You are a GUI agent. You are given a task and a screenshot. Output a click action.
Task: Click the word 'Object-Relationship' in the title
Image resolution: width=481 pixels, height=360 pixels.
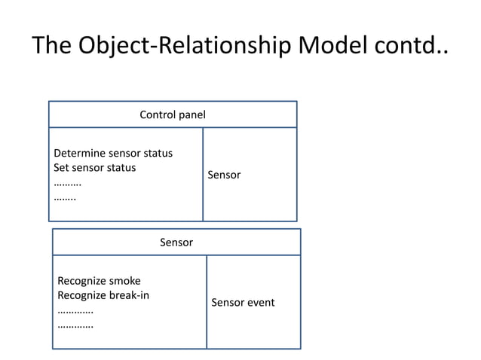pyautogui.click(x=181, y=46)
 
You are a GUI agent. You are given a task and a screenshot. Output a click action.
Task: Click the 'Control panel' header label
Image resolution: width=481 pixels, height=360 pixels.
pyautogui.click(x=173, y=114)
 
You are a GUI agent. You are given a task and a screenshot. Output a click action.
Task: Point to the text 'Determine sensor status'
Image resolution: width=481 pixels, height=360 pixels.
pyautogui.click(x=113, y=154)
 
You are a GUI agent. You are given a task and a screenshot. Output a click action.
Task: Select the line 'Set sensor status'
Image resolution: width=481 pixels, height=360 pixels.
pyautogui.click(x=95, y=168)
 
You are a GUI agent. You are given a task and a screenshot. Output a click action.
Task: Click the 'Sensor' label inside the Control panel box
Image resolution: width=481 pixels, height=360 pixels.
pyautogui.click(x=224, y=175)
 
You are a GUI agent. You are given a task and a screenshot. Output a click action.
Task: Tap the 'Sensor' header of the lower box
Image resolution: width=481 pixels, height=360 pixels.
pyautogui.click(x=176, y=243)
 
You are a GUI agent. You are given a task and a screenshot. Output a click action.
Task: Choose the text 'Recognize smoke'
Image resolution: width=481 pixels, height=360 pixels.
pyautogui.click(x=99, y=282)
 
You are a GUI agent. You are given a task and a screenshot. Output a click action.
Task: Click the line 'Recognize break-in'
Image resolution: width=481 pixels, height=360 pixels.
pyautogui.click(x=103, y=295)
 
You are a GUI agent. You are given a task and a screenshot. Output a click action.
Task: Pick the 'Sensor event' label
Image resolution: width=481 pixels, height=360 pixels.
pyautogui.click(x=243, y=303)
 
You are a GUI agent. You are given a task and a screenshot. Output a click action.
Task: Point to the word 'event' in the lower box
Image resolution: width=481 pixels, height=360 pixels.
pyautogui.click(x=260, y=303)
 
